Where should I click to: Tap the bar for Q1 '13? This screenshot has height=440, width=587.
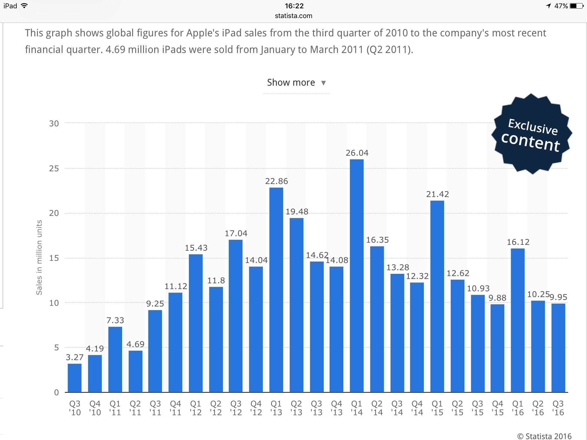[x=276, y=290]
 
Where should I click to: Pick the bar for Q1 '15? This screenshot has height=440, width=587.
[x=437, y=296]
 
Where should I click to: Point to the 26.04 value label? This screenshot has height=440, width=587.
[x=357, y=153]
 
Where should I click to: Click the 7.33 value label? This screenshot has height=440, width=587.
[x=115, y=320]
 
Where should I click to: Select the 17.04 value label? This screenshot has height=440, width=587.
[x=236, y=233]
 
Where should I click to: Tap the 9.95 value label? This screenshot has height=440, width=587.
[x=558, y=297]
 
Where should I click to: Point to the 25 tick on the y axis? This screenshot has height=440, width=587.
[x=54, y=168]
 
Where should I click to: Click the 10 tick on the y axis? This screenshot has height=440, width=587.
[x=54, y=303]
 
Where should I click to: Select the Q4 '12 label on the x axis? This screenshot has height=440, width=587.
[x=256, y=408]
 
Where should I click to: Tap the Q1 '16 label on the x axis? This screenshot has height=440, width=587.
[x=518, y=408]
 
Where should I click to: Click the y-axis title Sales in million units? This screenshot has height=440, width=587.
[x=39, y=257]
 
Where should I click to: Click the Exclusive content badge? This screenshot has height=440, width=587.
[x=532, y=134]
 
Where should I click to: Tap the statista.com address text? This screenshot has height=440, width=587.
[x=293, y=16]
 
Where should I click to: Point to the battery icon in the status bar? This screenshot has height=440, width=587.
[x=576, y=6]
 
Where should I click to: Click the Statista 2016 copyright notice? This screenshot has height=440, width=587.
[x=544, y=436]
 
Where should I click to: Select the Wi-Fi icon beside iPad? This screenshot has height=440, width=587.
[x=24, y=6]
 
